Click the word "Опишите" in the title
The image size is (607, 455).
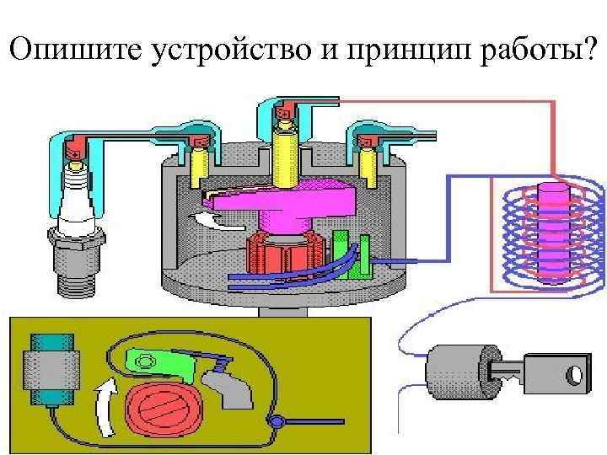75,51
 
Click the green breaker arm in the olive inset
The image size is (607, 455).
160,362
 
